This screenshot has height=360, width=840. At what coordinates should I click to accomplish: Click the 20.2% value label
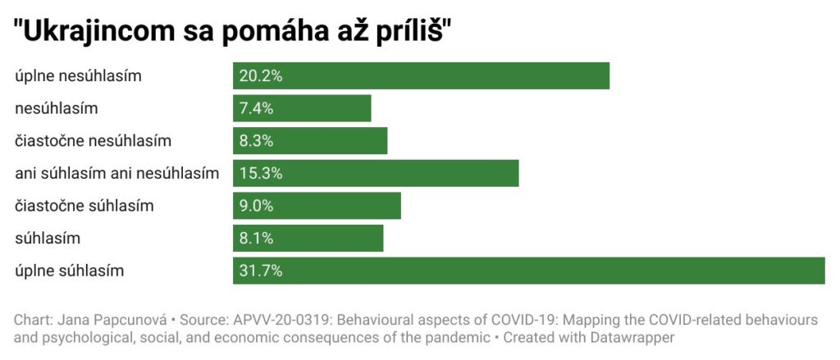pyautogui.click(x=261, y=76)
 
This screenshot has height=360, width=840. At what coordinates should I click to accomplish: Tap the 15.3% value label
pyautogui.click(x=261, y=173)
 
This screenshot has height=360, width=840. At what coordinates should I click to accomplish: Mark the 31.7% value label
pyautogui.click(x=261, y=271)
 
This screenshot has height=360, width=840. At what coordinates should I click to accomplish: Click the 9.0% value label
pyautogui.click(x=257, y=206)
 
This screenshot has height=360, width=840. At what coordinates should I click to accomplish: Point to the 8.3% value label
pyautogui.click(x=257, y=140)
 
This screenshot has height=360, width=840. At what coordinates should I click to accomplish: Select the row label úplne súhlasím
pyautogui.click(x=70, y=271)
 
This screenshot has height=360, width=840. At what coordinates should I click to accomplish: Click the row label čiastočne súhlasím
pyautogui.click(x=84, y=206)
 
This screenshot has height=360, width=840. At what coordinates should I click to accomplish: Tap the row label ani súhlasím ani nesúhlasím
pyautogui.click(x=117, y=173)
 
